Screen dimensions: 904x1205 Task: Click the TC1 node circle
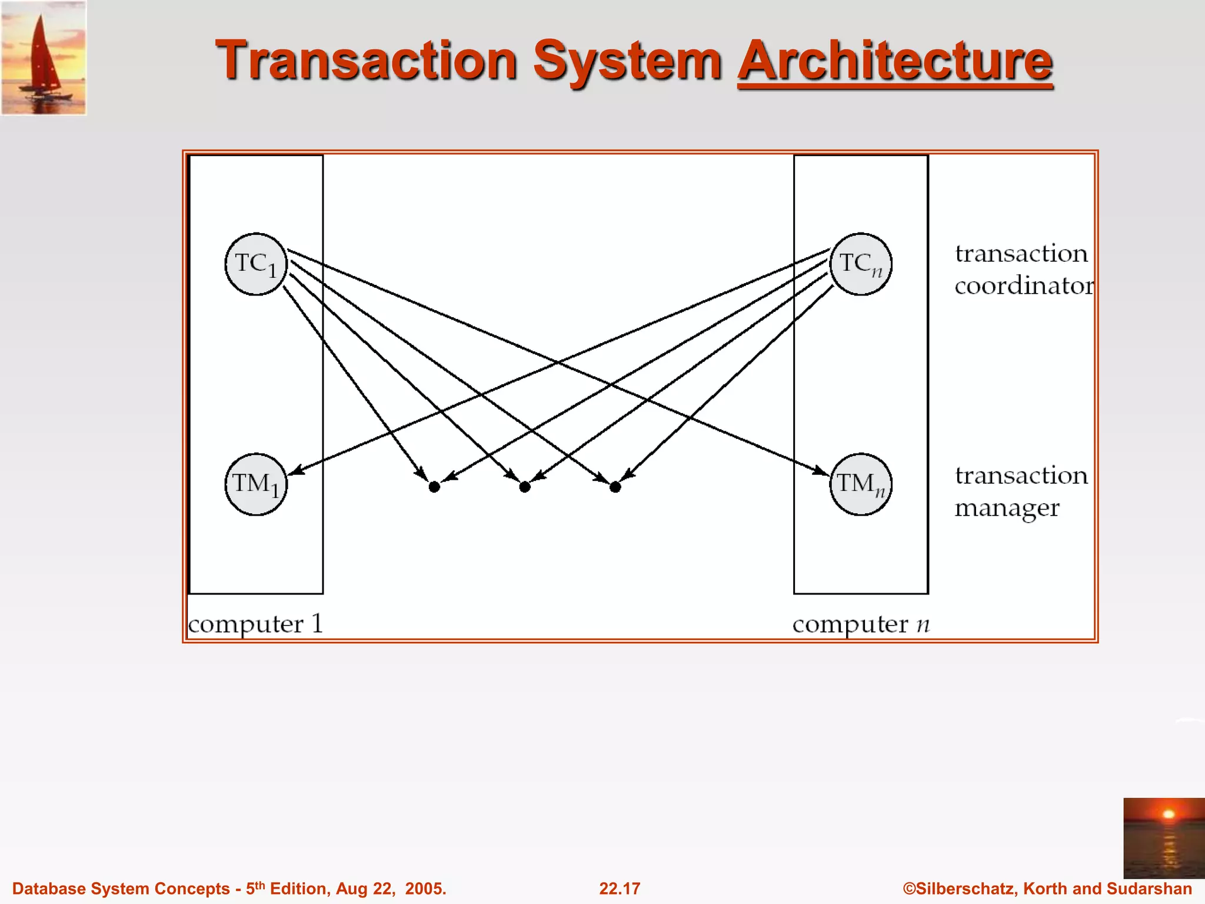(x=256, y=264)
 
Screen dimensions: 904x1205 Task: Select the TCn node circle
(x=860, y=264)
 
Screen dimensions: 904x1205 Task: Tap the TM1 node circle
(x=256, y=484)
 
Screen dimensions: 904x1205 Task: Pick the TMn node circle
(x=860, y=484)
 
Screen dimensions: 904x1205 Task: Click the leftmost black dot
(x=434, y=487)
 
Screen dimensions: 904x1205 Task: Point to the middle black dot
(x=525, y=487)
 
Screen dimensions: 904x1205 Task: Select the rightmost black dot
(x=615, y=487)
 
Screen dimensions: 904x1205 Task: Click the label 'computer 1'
(x=255, y=624)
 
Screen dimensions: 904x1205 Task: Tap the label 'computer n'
(x=860, y=624)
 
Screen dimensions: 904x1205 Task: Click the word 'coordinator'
(x=1024, y=286)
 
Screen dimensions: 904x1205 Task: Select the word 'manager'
(x=1007, y=507)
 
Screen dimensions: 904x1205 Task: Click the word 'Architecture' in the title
(x=895, y=61)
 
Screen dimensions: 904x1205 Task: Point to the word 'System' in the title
(x=627, y=61)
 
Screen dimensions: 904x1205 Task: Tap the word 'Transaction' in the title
(x=367, y=61)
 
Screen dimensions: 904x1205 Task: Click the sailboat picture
(x=44, y=58)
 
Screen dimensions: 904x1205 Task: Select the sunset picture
(x=1163, y=838)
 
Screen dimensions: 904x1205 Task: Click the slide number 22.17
(x=620, y=889)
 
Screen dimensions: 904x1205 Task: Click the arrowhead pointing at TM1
(x=295, y=470)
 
